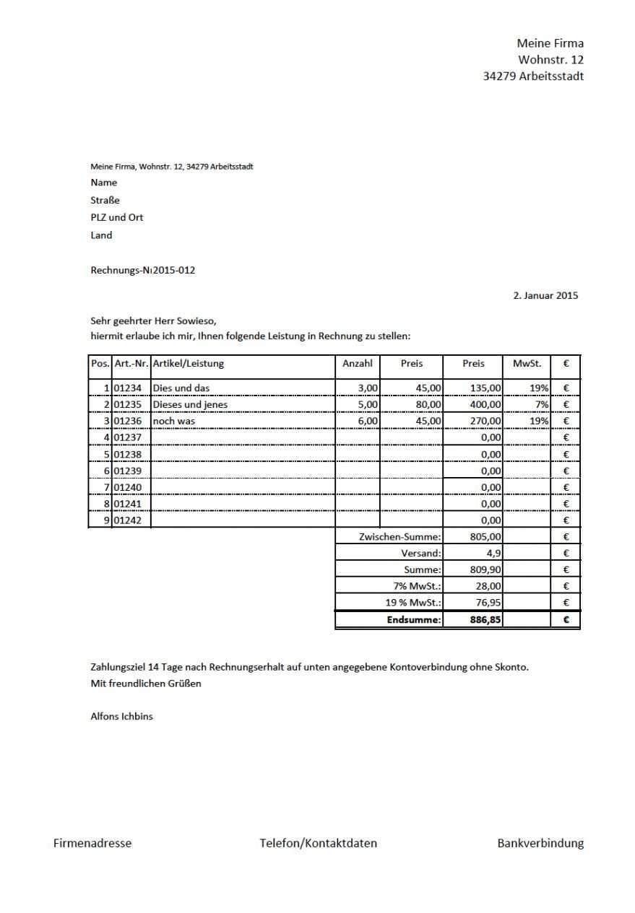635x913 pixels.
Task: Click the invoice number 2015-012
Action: click(174, 271)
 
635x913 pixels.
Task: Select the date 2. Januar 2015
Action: click(545, 295)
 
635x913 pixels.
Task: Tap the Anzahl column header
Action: click(358, 364)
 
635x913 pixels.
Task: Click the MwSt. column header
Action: click(527, 364)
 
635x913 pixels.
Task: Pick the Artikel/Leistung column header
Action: click(189, 364)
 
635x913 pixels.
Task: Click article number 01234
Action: click(128, 388)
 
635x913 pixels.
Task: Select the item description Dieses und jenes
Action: click(190, 405)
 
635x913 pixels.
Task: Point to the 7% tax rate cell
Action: click(541, 405)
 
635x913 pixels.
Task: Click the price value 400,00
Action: click(485, 405)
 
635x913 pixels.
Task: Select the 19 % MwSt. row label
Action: click(413, 603)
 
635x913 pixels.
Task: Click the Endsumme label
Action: click(414, 619)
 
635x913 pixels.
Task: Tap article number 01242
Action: click(128, 520)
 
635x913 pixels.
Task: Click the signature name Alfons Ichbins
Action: click(121, 717)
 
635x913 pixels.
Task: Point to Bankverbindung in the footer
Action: click(540, 843)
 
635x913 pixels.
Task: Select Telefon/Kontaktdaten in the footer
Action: click(318, 843)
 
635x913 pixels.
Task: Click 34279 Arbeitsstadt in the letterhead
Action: click(533, 77)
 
